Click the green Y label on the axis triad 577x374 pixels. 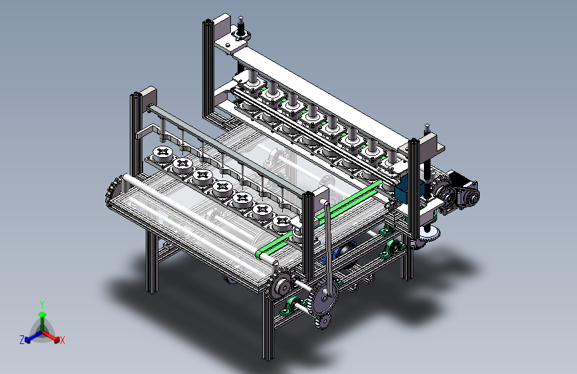pyautogui.click(x=42, y=304)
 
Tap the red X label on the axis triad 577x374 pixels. pyautogui.click(x=62, y=340)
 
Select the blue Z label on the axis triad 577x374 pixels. pyautogui.click(x=22, y=340)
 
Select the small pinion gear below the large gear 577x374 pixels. pyautogui.click(x=322, y=321)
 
